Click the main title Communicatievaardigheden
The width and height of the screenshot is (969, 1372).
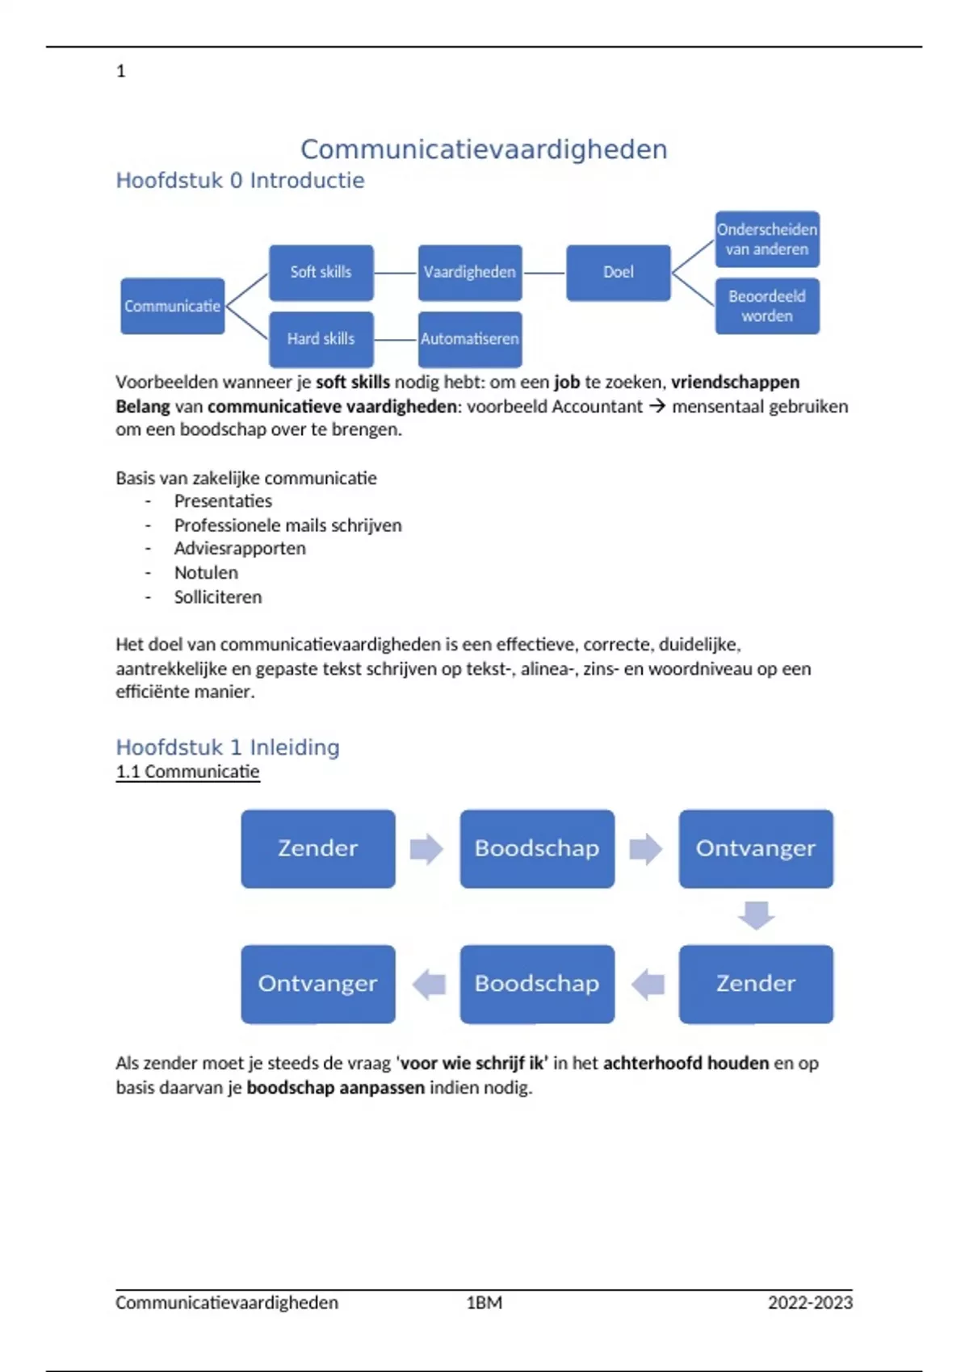tap(484, 149)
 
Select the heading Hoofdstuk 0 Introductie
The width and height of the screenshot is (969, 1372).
tap(240, 181)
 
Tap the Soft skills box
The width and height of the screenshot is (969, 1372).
tap(321, 273)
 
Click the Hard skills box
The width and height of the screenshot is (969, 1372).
tap(321, 339)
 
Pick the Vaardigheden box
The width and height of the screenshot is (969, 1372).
tap(470, 273)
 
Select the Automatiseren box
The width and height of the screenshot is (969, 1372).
tap(470, 339)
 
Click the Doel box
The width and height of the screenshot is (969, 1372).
tap(619, 273)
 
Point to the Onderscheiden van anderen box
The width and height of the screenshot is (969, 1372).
tap(767, 240)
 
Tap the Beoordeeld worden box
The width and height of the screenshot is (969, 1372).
tap(767, 306)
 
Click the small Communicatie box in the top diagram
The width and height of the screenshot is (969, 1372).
tap(172, 306)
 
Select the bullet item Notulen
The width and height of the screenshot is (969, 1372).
tap(206, 573)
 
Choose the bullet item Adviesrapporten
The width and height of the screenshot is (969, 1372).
tap(240, 549)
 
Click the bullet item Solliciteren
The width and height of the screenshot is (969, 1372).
tap(218, 597)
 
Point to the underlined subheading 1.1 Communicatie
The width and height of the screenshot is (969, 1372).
tap(187, 772)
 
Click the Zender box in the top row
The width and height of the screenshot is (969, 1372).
tap(318, 848)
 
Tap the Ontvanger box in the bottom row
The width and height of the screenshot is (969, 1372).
tap(318, 984)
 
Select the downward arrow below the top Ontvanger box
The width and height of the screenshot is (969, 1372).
tap(756, 916)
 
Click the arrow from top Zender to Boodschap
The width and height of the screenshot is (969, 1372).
tap(426, 848)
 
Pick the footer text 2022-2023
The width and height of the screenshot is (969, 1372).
tap(810, 1303)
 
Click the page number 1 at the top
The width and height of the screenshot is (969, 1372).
tap(121, 71)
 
